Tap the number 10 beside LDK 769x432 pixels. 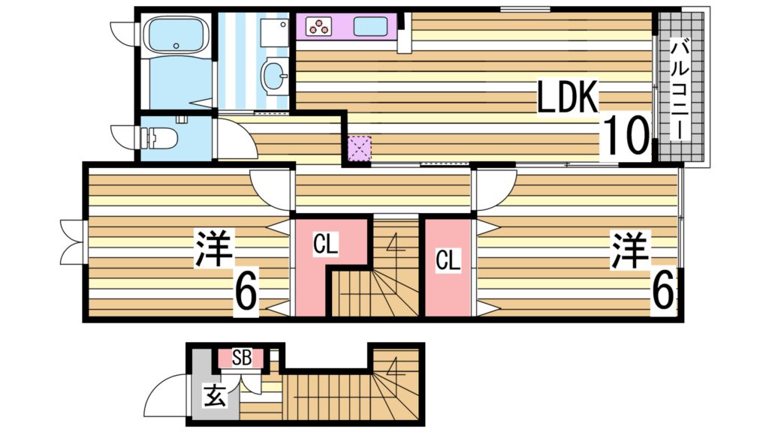coord(626,135)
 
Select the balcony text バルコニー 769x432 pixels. coord(681,90)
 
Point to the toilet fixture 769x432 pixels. coord(159,137)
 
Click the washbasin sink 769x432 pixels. coord(274,74)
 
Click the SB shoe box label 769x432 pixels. coord(241,358)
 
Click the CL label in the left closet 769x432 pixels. coord(325,244)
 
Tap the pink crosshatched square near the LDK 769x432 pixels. coord(360,148)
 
